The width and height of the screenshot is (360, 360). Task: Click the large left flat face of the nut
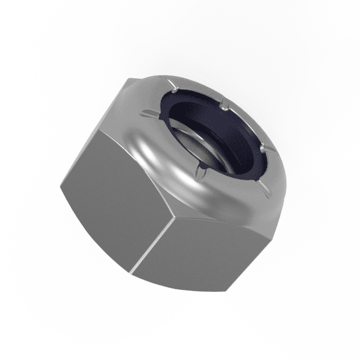pos(115,196)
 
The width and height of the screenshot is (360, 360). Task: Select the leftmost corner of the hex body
pos(59,187)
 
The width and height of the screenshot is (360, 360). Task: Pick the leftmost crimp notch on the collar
pos(149,113)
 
